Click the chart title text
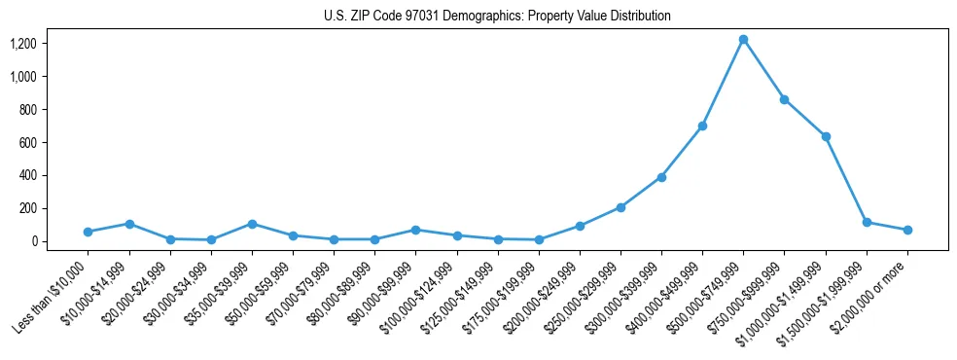point(497,16)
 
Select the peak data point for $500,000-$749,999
point(743,40)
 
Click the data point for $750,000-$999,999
point(784,99)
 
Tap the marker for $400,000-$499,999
point(702,126)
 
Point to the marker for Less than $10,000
point(88,232)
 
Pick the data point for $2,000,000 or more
point(907,230)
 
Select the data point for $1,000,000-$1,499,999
point(826,136)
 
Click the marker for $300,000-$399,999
point(661,177)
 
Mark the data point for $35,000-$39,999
point(252,224)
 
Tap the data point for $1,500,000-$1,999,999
point(867,222)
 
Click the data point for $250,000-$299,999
point(620,207)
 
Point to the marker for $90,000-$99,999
point(415,230)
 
